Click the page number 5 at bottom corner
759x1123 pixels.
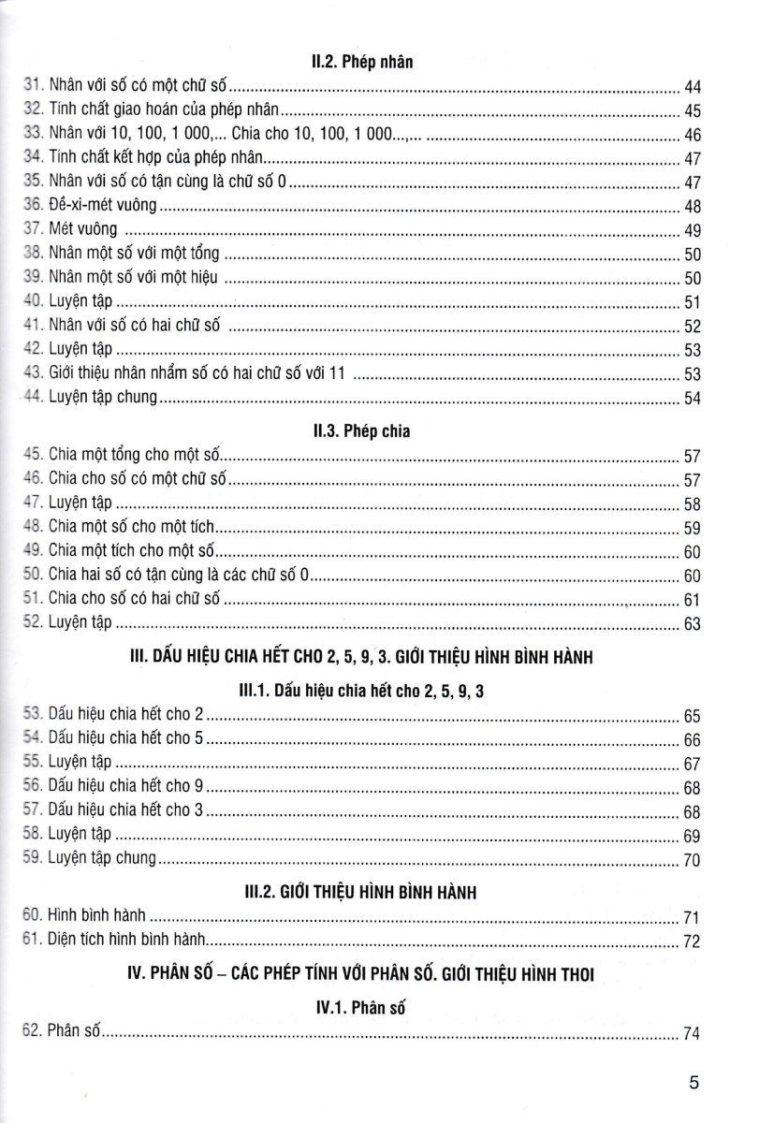(x=693, y=1084)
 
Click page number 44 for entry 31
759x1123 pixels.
(x=693, y=88)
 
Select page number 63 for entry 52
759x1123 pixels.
(x=693, y=623)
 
